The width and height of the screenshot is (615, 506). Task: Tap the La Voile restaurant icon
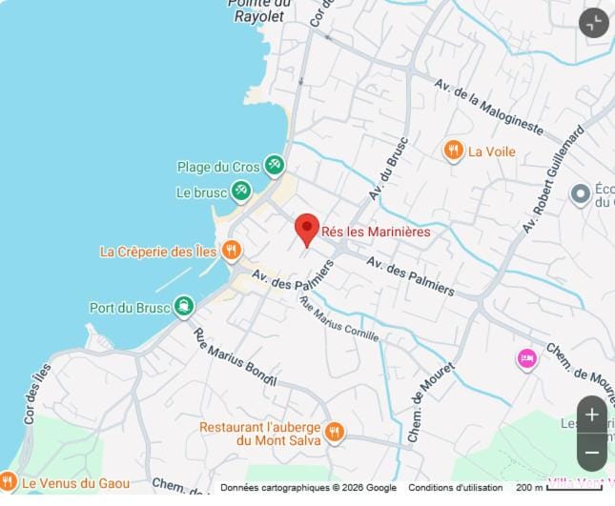(x=454, y=151)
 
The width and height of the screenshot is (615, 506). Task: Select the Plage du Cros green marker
(x=275, y=166)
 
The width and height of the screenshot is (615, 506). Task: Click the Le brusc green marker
(x=241, y=192)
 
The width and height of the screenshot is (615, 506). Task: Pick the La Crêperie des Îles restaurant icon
(x=231, y=251)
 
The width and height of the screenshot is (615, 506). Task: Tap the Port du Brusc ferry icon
(x=183, y=307)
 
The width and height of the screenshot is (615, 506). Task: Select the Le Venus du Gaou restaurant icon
(x=9, y=482)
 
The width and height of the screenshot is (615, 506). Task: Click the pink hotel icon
(x=526, y=358)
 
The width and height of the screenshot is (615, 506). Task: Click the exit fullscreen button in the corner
(x=594, y=23)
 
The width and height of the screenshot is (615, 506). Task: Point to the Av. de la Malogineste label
(x=488, y=106)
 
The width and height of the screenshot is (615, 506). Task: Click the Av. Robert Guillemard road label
(x=552, y=180)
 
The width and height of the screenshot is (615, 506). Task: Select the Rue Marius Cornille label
(x=338, y=319)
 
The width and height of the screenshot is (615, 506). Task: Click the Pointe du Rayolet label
(x=258, y=10)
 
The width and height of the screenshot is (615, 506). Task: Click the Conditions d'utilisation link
(x=455, y=488)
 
